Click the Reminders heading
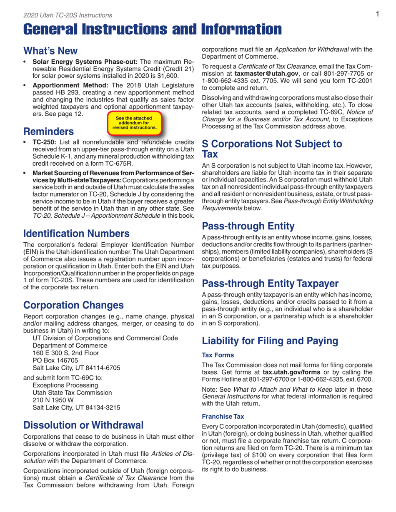click(46, 132)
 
